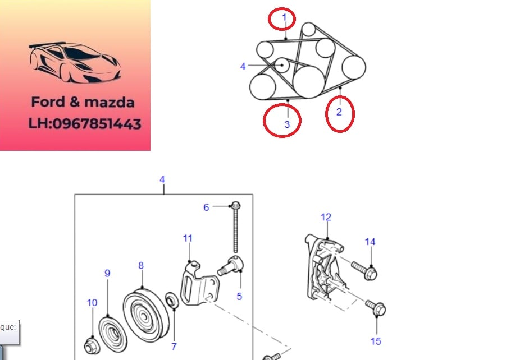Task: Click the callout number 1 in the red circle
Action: [284, 17]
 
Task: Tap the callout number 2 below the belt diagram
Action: [339, 112]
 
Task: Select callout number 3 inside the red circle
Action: [287, 124]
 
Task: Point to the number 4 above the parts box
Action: [162, 179]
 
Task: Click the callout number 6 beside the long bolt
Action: [206, 207]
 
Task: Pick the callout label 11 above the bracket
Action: [188, 238]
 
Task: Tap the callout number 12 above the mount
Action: [326, 217]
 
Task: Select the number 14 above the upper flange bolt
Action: [370, 242]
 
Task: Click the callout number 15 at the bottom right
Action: [376, 341]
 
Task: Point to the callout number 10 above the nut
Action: [92, 303]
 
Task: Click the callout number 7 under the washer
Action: [174, 347]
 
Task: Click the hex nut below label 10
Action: [92, 345]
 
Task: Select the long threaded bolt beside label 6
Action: [235, 227]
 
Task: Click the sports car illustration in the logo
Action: [75, 63]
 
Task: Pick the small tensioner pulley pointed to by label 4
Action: [281, 65]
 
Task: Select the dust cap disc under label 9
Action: [113, 334]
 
